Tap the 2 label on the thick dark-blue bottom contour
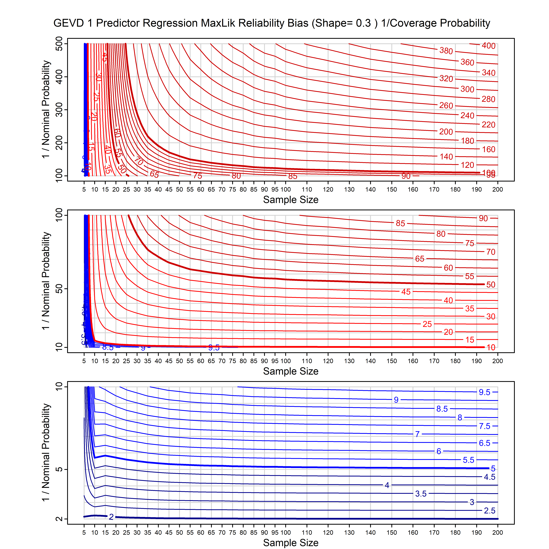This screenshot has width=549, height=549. pyautogui.click(x=111, y=517)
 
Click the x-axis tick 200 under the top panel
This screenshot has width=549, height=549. pyautogui.click(x=497, y=190)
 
